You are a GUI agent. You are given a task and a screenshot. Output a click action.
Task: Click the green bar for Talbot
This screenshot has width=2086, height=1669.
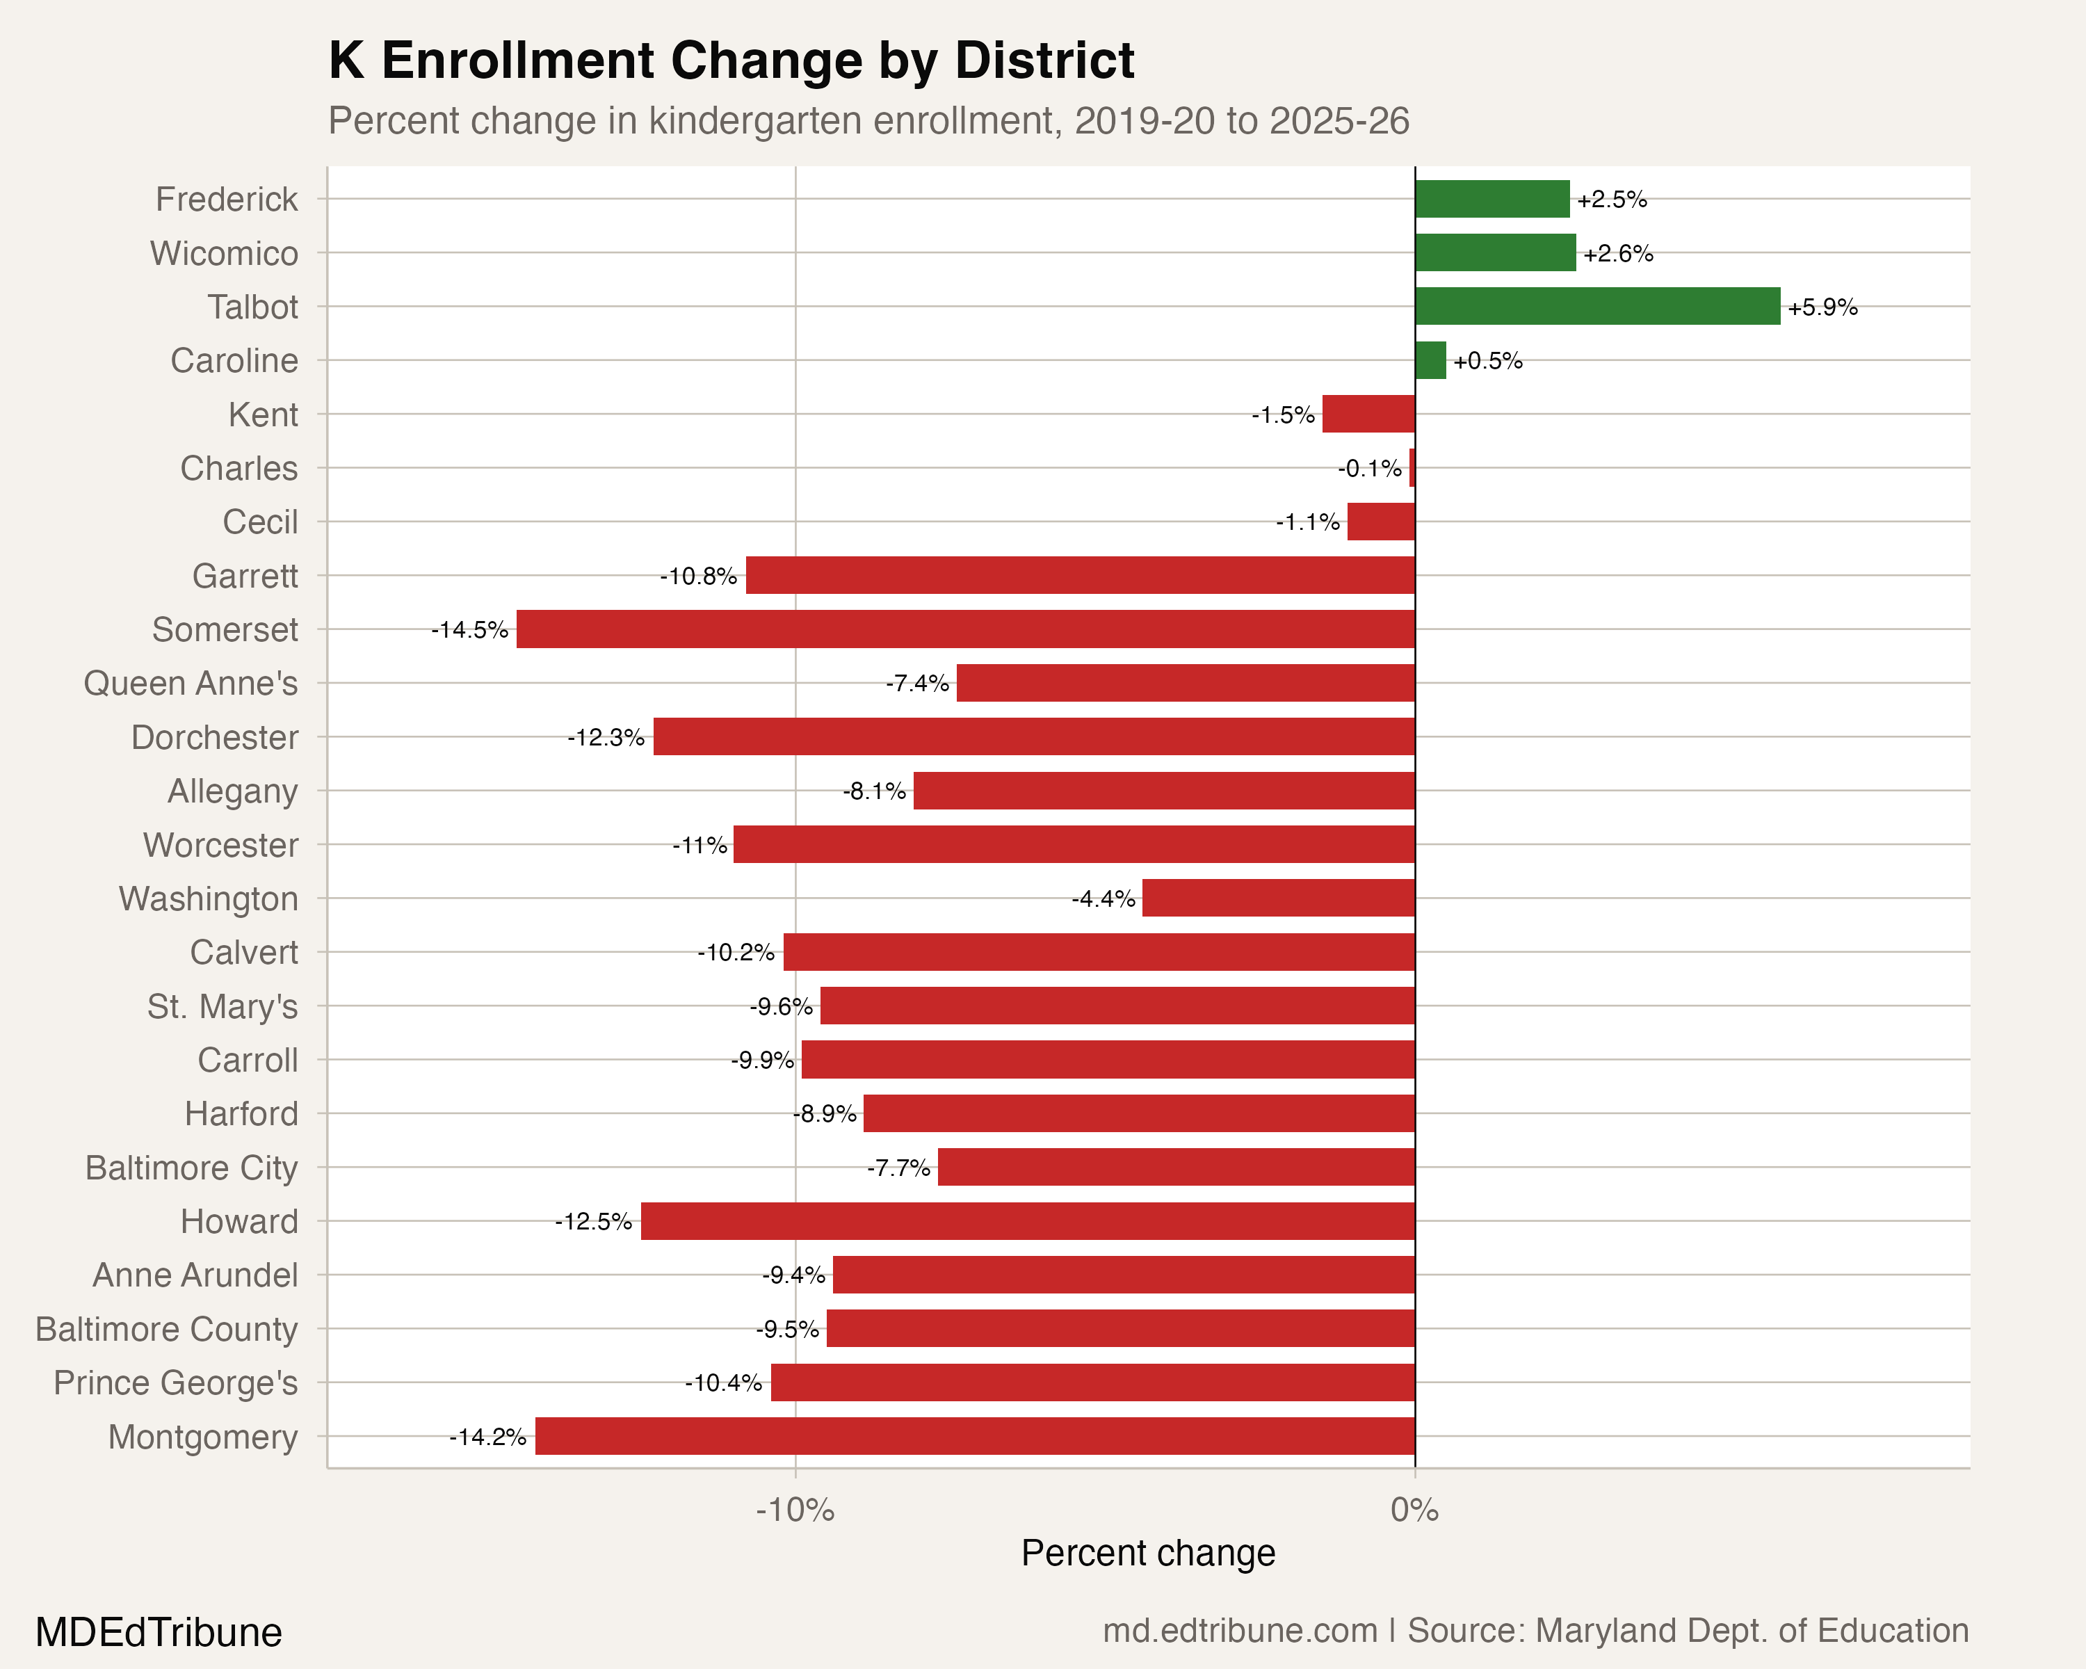[x=1596, y=307]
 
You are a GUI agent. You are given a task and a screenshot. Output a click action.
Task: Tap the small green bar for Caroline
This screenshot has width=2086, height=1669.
[x=1430, y=360]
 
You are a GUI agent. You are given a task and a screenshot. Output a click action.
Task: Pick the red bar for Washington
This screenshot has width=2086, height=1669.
[x=1277, y=898]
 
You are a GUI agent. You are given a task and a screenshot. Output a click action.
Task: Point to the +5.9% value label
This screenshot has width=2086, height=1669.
[x=1822, y=307]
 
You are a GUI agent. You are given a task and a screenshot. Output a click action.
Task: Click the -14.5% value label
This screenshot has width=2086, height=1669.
[x=469, y=630]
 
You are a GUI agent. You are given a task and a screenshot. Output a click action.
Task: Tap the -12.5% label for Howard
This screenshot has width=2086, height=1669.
[x=593, y=1222]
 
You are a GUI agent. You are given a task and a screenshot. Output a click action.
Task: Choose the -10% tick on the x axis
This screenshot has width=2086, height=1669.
[x=795, y=1509]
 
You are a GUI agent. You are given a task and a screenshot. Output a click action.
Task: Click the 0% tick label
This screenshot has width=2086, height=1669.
[x=1414, y=1509]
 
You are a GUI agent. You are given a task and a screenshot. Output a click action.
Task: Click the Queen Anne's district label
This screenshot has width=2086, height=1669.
[x=191, y=683]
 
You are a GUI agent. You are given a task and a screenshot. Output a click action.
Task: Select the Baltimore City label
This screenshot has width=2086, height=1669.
[x=192, y=1168]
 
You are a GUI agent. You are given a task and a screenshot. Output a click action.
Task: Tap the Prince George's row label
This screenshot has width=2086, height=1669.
[x=175, y=1382]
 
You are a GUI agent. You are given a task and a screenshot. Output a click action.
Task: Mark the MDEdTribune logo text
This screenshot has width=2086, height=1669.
[x=159, y=1632]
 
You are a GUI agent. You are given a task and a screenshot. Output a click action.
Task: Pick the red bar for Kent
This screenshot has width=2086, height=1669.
[x=1368, y=414]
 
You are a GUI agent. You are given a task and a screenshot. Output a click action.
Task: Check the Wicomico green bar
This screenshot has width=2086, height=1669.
[x=1495, y=252]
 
